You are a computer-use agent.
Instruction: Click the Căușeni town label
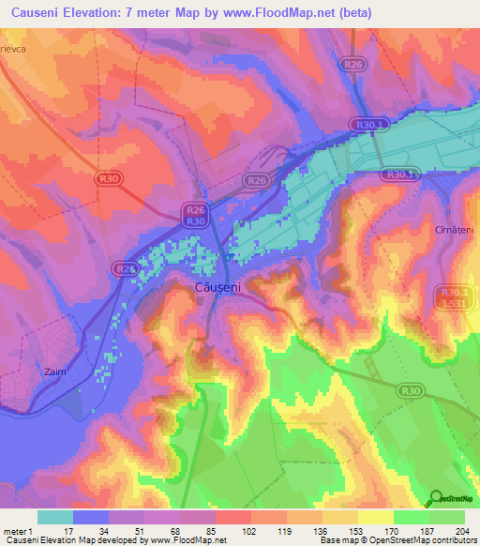coord(219,286)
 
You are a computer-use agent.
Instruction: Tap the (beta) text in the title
coord(346,12)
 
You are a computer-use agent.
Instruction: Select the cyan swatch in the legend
coord(55,517)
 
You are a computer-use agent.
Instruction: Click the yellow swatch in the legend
coord(376,517)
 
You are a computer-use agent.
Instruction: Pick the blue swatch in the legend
coord(91,517)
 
